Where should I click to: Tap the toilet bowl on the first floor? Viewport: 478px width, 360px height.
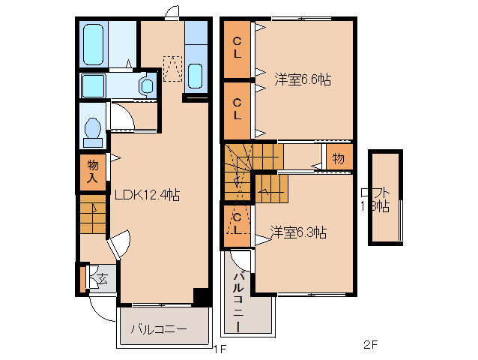pyautogui.click(x=94, y=132)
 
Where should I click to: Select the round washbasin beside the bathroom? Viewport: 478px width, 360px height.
pyautogui.click(x=146, y=85)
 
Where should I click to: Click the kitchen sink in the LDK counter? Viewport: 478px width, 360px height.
pyautogui.click(x=195, y=76)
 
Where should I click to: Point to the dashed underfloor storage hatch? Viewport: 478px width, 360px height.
pyautogui.click(x=173, y=68)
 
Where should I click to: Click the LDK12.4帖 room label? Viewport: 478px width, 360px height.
pyautogui.click(x=147, y=194)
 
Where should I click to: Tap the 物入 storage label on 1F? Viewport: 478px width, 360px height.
pyautogui.click(x=93, y=171)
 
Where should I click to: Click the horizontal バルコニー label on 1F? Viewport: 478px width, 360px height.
pyautogui.click(x=159, y=328)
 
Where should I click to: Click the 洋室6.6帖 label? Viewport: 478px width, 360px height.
pyautogui.click(x=303, y=78)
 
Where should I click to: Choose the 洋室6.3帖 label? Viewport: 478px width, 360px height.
pyautogui.click(x=297, y=232)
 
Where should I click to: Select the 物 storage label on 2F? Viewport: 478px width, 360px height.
pyautogui.click(x=338, y=158)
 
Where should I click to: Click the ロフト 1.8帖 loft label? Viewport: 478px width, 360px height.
pyautogui.click(x=374, y=199)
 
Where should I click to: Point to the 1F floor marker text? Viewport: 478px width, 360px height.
pyautogui.click(x=219, y=349)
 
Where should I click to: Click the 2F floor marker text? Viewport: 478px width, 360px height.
pyautogui.click(x=371, y=346)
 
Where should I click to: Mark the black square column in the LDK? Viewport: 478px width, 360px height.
pyautogui.click(x=201, y=295)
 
